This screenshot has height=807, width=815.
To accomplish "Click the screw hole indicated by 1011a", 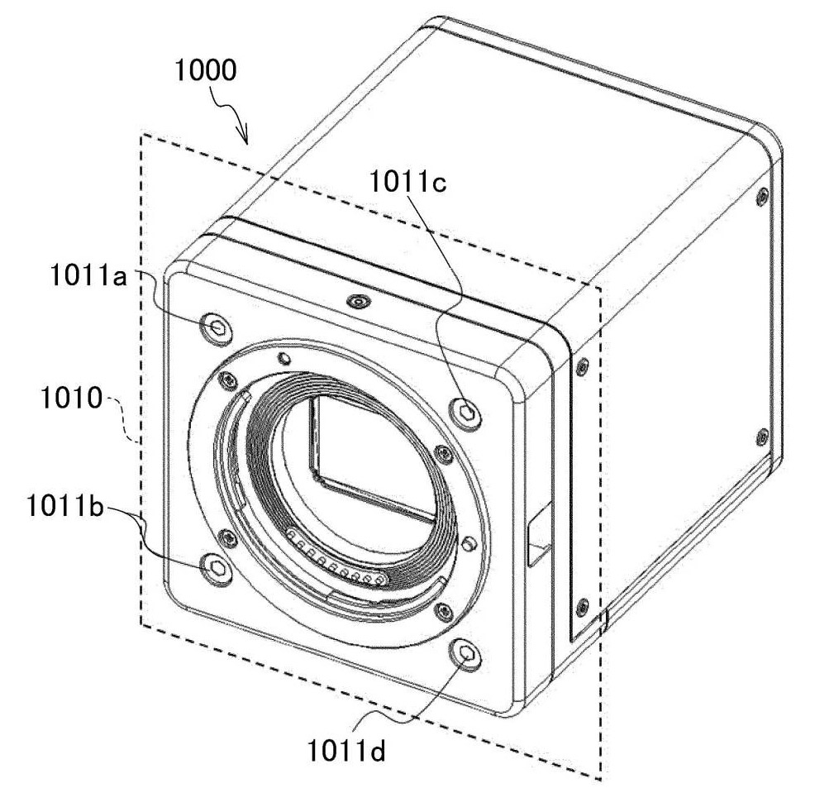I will [x=217, y=327].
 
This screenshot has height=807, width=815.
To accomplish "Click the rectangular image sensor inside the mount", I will [x=372, y=463].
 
